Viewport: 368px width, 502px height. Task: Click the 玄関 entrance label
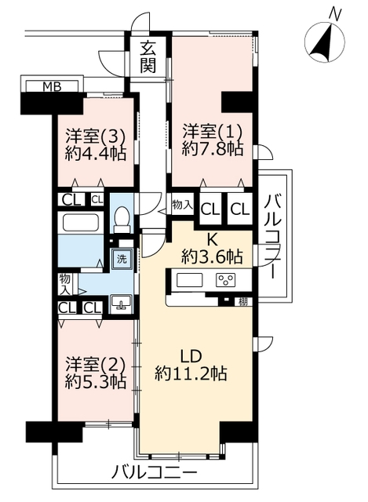point(148,56)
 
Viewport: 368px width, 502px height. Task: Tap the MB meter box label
point(52,86)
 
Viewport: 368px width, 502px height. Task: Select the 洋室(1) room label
point(213,133)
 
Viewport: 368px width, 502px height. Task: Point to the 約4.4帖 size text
point(96,154)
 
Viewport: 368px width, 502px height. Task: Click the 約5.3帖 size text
point(96,382)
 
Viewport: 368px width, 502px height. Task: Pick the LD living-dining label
point(191,356)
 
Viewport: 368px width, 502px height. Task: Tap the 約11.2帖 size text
point(191,373)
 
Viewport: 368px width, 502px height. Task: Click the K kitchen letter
point(211,238)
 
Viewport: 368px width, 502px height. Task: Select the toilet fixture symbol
point(122,219)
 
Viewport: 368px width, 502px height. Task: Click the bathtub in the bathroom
point(80,222)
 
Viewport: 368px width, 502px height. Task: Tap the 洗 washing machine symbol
point(122,259)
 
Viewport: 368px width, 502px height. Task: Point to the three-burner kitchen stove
point(226,279)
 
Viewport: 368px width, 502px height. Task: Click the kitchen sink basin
point(190,280)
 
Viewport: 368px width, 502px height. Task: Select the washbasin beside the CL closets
point(120,303)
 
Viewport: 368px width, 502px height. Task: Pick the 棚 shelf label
point(243,301)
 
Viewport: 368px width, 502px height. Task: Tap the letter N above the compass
point(335,13)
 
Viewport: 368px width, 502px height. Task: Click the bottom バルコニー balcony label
point(155,472)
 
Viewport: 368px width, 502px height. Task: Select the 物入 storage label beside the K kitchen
point(182,204)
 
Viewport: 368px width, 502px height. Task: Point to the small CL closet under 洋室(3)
point(97,200)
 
